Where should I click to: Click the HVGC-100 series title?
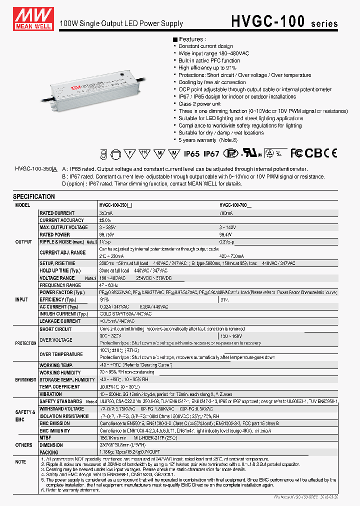(x=283, y=21)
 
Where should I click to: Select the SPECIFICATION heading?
(x=34, y=196)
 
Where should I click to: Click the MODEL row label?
(x=23, y=205)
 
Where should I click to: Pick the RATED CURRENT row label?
(x=57, y=213)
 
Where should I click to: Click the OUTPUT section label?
(x=23, y=241)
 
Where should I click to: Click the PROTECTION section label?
(x=25, y=343)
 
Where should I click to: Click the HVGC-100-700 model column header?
(x=235, y=205)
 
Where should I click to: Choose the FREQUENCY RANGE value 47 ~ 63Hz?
(x=110, y=285)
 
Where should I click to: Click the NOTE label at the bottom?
(x=20, y=461)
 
